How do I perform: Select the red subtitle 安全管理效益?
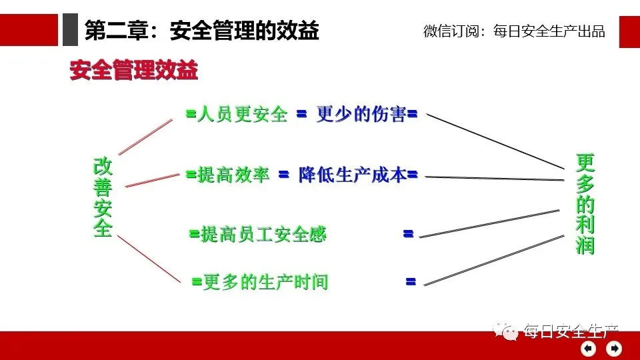[133, 71]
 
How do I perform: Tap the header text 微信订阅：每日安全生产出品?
[514, 31]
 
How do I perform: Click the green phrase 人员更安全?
[242, 115]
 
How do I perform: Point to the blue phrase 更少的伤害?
[361, 115]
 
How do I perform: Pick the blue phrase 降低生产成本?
[352, 175]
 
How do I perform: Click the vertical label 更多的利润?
[585, 204]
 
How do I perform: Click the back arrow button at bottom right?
[589, 347]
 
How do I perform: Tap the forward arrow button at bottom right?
[613, 347]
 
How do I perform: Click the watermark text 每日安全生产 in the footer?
[571, 331]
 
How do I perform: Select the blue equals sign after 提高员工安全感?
[408, 234]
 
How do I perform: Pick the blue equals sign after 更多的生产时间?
[411, 281]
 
